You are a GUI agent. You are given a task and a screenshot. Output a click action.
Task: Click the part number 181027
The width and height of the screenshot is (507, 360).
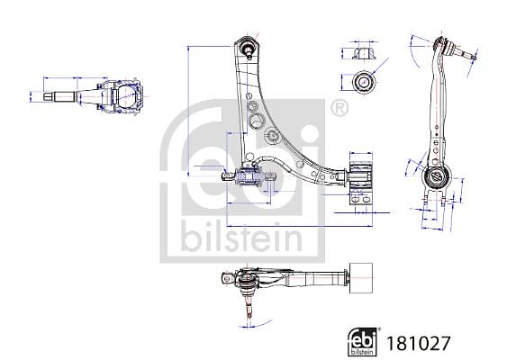418,343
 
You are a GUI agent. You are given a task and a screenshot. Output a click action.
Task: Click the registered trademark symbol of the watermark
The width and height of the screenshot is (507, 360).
340,108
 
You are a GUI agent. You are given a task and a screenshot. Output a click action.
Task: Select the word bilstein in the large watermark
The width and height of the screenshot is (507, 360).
242,237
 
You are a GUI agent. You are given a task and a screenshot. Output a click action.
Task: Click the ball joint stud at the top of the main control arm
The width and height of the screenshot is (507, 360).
249,49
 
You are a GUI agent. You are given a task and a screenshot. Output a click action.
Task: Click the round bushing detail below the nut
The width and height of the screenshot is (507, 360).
364,82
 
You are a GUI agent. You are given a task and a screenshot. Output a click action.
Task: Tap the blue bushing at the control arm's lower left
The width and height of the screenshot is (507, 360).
248,176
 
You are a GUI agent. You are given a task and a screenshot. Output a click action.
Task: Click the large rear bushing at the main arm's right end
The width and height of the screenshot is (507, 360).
361,175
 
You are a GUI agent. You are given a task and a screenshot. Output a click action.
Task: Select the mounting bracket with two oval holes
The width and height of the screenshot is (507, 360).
360,199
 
